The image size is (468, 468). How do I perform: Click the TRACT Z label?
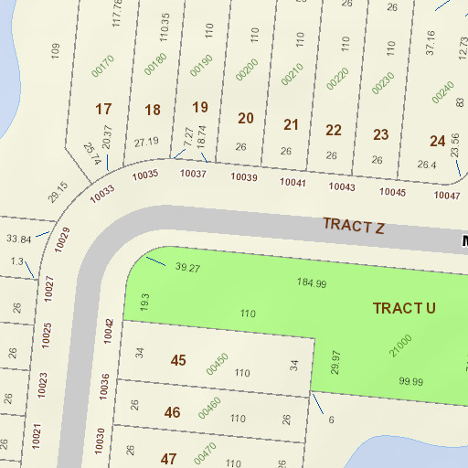(x=353, y=225)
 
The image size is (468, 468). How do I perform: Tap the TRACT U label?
(x=403, y=308)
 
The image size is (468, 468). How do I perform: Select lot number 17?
(x=104, y=110)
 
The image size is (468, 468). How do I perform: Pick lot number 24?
(x=438, y=141)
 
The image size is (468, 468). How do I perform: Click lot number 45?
(x=178, y=360)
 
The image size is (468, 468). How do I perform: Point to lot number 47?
(x=168, y=458)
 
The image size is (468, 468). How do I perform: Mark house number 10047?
(x=447, y=196)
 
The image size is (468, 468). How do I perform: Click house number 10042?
(x=109, y=330)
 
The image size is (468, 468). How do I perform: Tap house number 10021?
(x=37, y=434)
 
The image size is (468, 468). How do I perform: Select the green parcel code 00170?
(x=103, y=66)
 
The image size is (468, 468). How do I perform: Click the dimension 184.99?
(x=312, y=282)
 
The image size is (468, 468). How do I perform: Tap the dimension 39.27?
(x=187, y=268)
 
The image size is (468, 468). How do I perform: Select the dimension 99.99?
(x=410, y=381)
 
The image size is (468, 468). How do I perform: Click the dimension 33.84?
(x=19, y=239)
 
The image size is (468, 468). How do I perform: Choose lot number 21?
(x=292, y=124)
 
